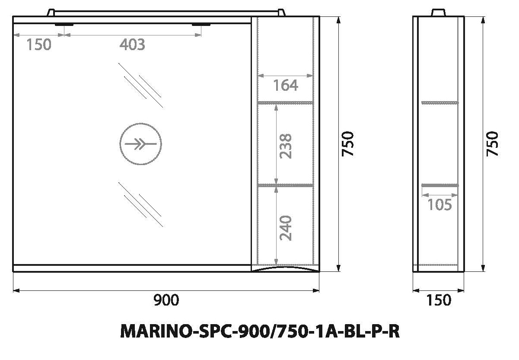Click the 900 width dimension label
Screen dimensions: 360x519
(166, 300)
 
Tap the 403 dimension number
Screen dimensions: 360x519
(132, 44)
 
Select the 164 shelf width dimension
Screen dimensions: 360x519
(285, 85)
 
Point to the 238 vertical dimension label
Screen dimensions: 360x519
(286, 146)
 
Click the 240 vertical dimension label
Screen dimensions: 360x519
(286, 227)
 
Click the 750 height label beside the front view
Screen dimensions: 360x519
(348, 143)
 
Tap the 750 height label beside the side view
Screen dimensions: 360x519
(493, 143)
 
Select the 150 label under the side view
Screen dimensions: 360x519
(438, 300)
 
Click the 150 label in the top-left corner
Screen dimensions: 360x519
(38, 44)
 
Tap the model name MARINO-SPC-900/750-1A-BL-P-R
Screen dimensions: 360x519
(259, 332)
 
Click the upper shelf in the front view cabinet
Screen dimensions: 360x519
(285, 103)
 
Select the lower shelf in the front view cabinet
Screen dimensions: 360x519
(285, 185)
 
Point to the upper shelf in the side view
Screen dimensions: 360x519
(439, 102)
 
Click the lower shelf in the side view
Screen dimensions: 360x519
(439, 185)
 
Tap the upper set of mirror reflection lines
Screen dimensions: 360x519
(140, 85)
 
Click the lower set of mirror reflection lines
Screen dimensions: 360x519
(140, 204)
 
